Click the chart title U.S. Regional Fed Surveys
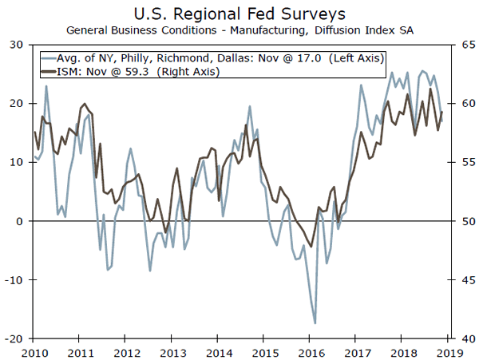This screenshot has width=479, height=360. (x=239, y=13)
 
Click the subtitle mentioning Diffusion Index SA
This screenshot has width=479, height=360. (x=239, y=30)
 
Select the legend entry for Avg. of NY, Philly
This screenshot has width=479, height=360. (x=184, y=58)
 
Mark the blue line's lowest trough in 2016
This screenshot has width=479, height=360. (x=315, y=323)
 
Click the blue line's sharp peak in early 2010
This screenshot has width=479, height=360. (x=46, y=85)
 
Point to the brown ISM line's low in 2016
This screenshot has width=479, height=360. (x=311, y=247)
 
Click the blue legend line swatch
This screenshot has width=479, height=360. (x=53, y=58)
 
